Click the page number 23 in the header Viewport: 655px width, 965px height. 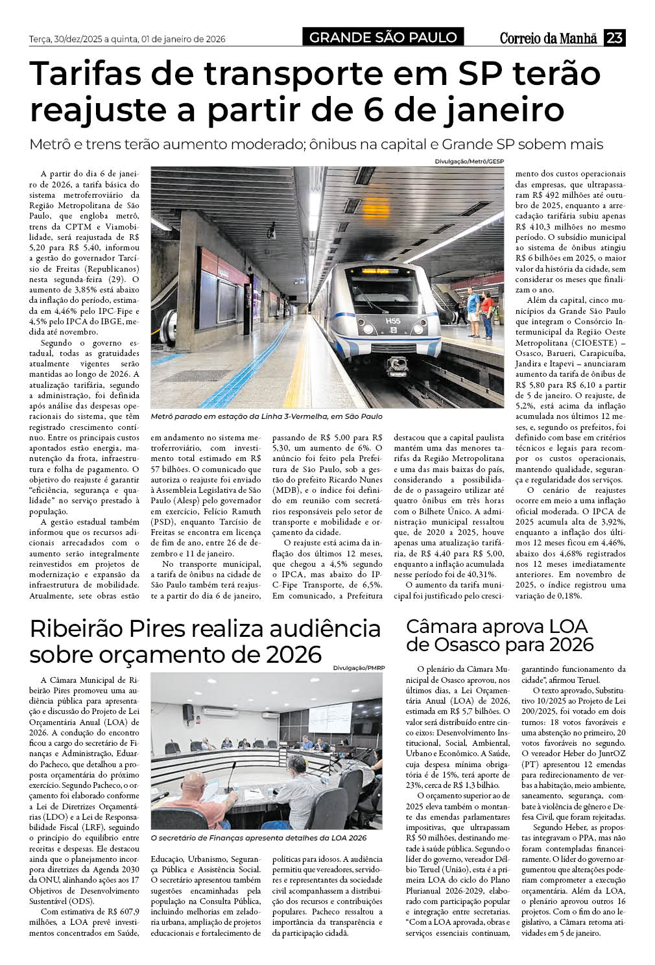pos(614,38)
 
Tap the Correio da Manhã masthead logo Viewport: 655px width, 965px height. pos(548,38)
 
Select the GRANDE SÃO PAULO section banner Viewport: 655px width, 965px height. pos(383,38)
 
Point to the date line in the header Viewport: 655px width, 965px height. pos(127,39)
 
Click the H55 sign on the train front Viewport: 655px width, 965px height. pos(393,320)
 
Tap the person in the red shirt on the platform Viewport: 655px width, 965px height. pos(486,314)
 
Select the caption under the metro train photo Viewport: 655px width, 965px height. pos(267,416)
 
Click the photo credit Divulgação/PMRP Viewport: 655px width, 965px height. pos(358,667)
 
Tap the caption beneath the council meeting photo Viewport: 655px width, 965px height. pos(258,838)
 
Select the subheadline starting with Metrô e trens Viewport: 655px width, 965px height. pos(316,144)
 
